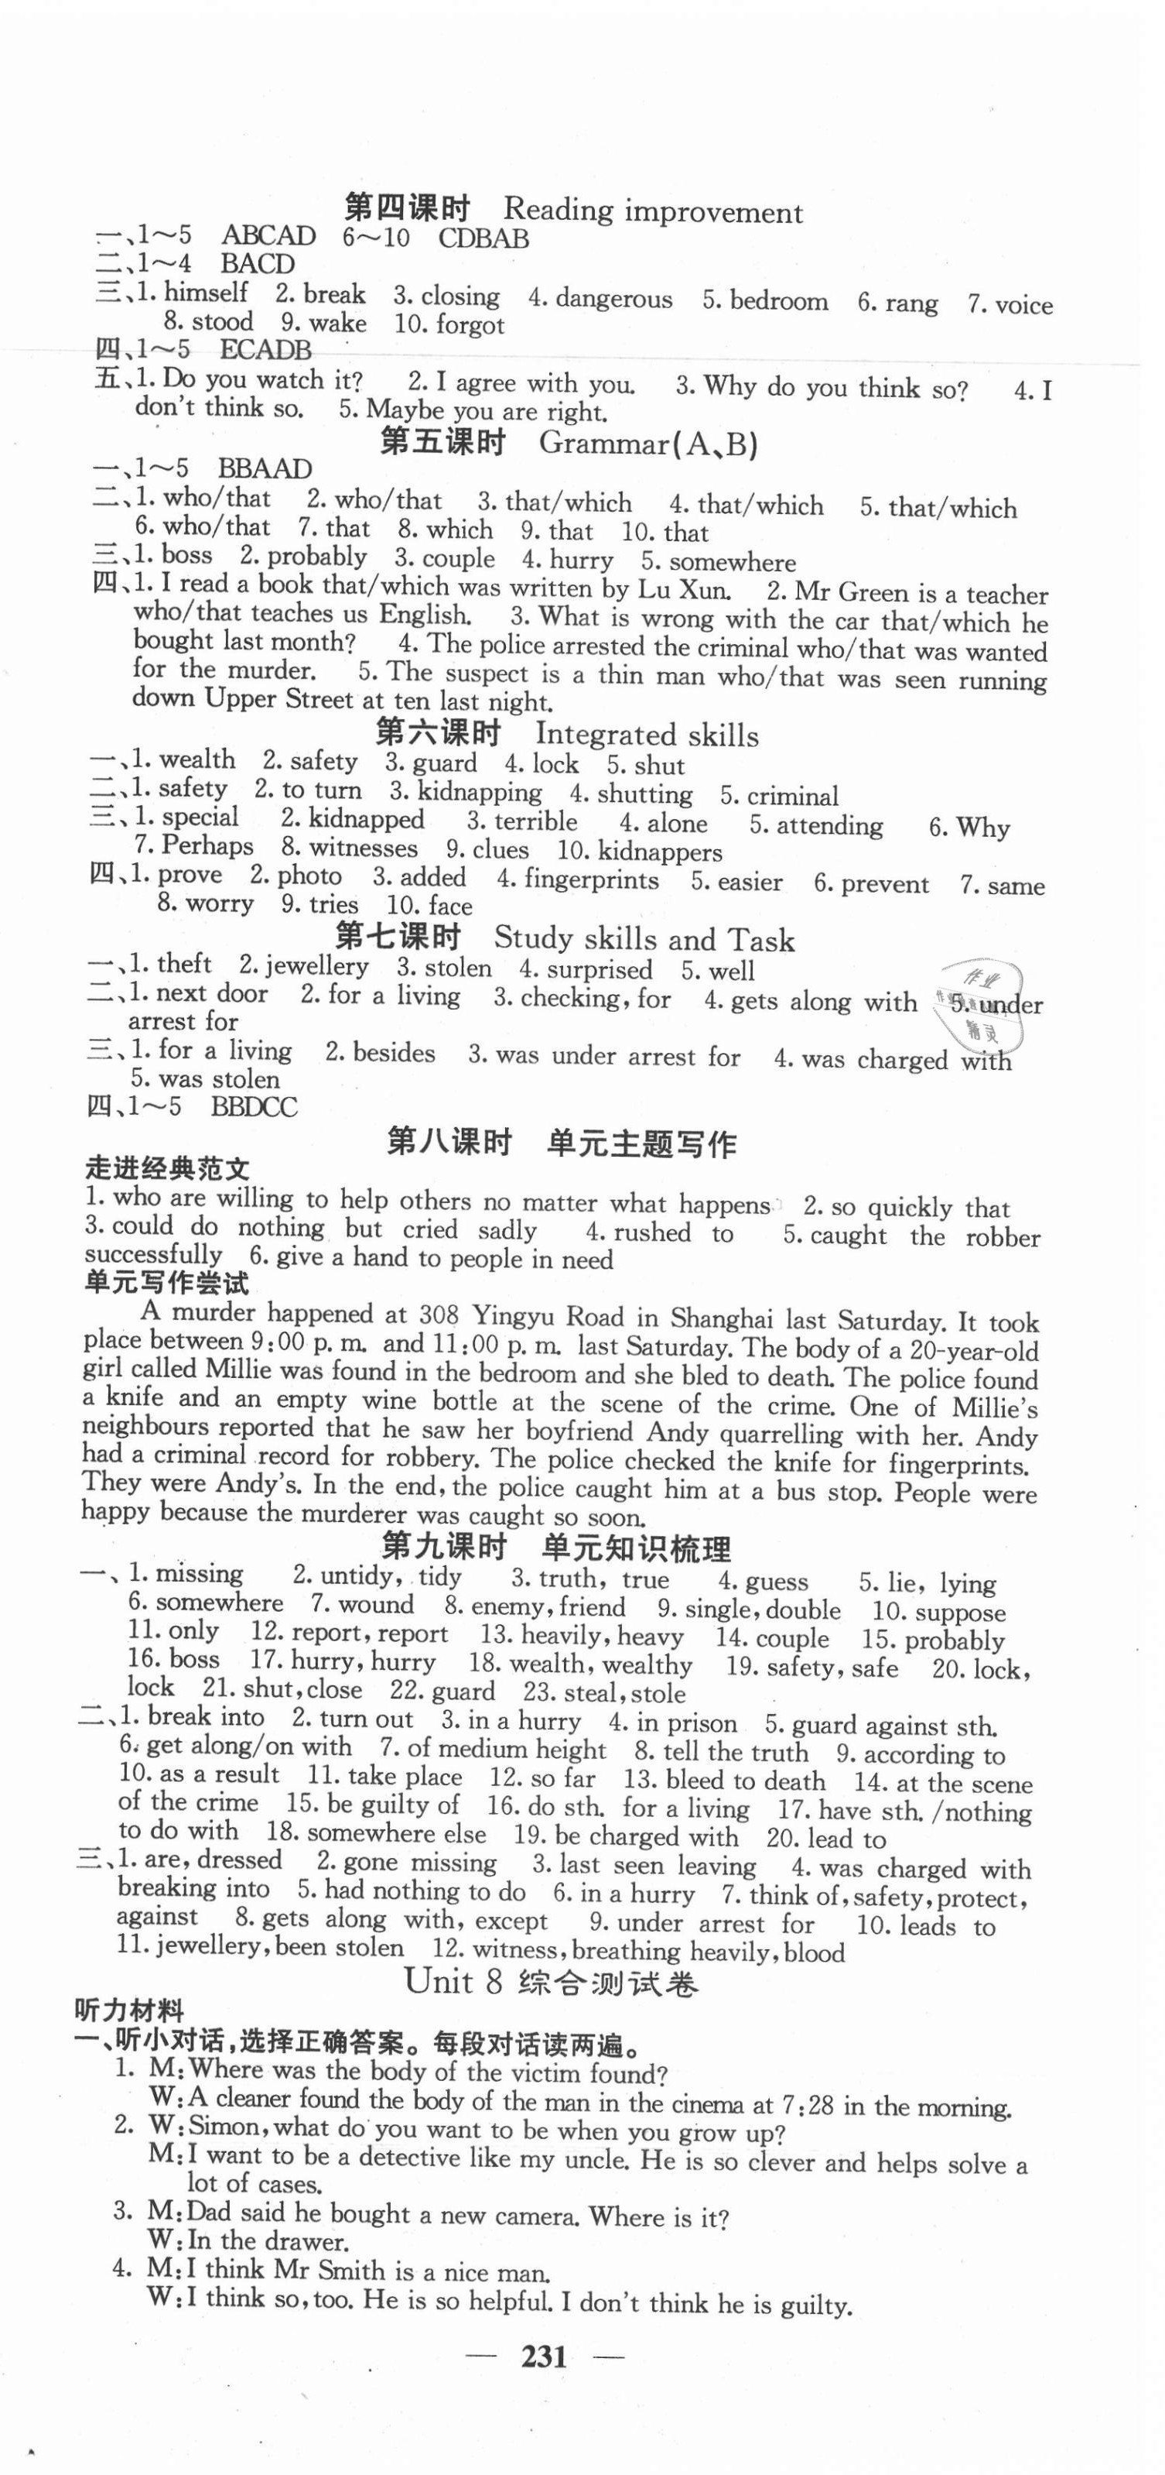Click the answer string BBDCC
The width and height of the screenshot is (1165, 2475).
point(254,1107)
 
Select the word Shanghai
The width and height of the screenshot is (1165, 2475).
point(715,1318)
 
